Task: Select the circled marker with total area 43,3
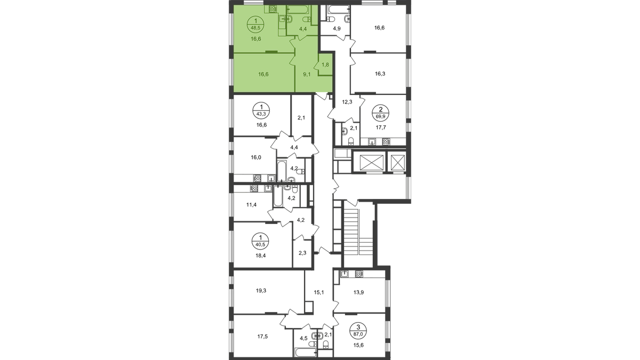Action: click(261, 110)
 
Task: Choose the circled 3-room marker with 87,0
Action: click(358, 331)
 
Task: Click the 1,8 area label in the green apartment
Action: click(325, 65)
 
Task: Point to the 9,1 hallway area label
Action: click(307, 75)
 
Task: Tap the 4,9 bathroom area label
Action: click(337, 29)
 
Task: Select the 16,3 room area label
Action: click(380, 74)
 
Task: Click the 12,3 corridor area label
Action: click(347, 102)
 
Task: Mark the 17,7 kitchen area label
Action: click(381, 127)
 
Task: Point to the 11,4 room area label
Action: click(251, 205)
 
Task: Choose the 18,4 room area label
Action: click(261, 255)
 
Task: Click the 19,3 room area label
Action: click(261, 291)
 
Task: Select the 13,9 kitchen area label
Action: click(358, 293)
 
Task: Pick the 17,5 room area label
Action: click(262, 337)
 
